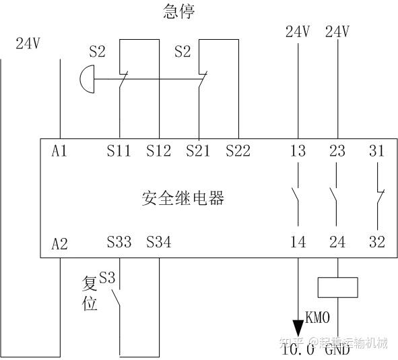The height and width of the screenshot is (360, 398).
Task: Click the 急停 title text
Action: (x=179, y=11)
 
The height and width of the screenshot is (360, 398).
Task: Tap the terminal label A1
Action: (x=60, y=152)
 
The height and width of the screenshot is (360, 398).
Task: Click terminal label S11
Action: (x=119, y=152)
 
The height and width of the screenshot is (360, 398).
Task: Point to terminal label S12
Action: (x=159, y=152)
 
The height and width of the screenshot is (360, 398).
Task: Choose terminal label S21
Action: (x=199, y=152)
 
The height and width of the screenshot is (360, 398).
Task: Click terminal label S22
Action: (x=238, y=152)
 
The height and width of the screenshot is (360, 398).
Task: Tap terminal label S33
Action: (x=119, y=242)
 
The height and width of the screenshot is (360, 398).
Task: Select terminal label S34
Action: (x=159, y=242)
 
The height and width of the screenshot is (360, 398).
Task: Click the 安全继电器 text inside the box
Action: (x=183, y=198)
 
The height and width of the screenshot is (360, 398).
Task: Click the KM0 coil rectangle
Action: (x=337, y=287)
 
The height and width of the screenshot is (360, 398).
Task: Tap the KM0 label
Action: (x=318, y=316)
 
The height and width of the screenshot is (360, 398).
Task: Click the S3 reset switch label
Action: (x=107, y=277)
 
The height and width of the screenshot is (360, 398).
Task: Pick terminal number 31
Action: (x=377, y=152)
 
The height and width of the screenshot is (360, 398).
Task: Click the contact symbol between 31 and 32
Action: (x=379, y=197)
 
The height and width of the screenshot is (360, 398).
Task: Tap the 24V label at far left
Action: (x=29, y=44)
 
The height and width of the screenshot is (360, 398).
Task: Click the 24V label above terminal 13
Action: (x=297, y=32)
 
